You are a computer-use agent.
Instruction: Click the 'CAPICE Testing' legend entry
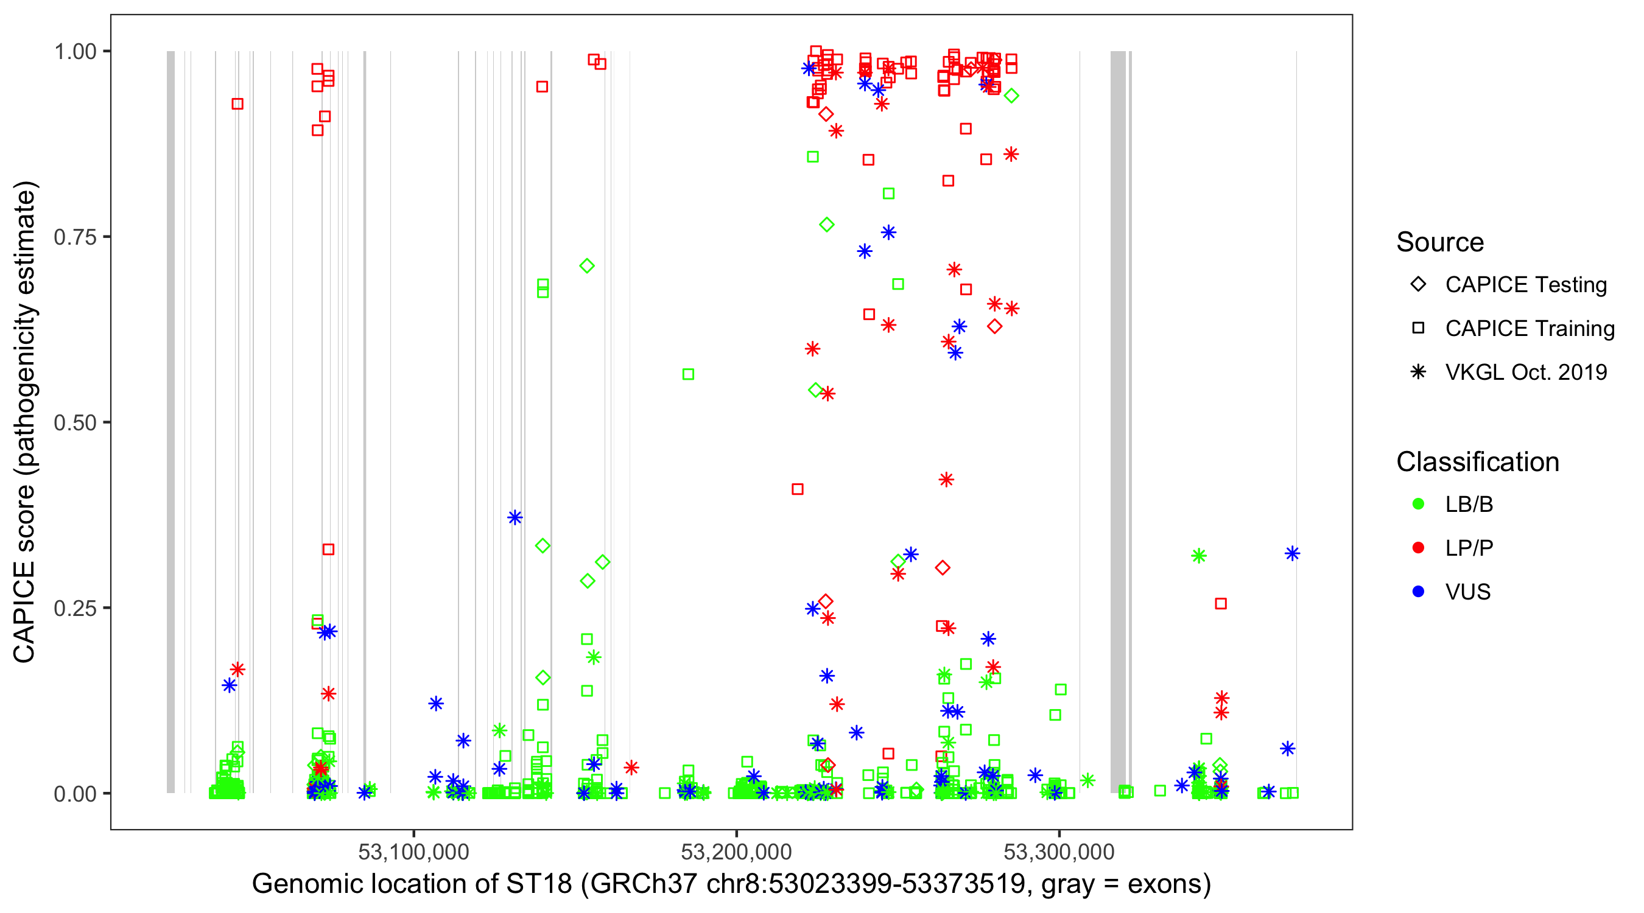(x=1525, y=285)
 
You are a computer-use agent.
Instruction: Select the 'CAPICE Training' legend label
(x=1529, y=329)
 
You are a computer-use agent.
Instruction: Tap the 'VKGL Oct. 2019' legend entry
(x=1525, y=372)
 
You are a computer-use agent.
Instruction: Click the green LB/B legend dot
(x=1418, y=504)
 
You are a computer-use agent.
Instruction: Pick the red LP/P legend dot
(x=1418, y=548)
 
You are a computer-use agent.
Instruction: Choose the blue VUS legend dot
(x=1418, y=592)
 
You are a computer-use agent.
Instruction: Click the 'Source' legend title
(x=1440, y=242)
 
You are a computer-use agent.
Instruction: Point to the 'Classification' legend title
(x=1477, y=462)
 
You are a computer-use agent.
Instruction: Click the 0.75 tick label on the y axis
(x=74, y=237)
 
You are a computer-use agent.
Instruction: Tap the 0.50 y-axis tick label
(x=74, y=422)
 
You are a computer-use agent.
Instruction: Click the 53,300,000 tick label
(x=1059, y=851)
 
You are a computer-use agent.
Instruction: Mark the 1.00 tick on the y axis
(x=74, y=52)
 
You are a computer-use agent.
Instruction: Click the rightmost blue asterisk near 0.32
(x=1292, y=554)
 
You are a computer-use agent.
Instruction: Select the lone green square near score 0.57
(x=688, y=374)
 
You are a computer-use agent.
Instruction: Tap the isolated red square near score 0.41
(x=797, y=489)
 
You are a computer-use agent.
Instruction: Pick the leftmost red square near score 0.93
(x=237, y=104)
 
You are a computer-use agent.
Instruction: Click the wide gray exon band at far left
(x=170, y=421)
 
